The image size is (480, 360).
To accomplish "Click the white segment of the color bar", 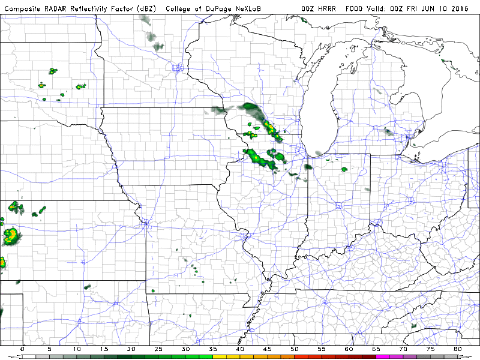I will [29, 356].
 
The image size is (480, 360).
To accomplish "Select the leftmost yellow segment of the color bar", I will [219, 356].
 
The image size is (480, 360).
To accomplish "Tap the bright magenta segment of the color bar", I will [382, 356].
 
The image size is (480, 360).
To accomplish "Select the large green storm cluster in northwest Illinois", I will [262, 157].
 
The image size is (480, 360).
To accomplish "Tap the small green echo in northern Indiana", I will [344, 169].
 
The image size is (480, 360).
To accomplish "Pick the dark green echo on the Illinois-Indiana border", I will [308, 167].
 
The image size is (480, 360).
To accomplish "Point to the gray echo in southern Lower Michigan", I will [388, 131].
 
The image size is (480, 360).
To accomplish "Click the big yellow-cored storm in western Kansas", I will [10, 235].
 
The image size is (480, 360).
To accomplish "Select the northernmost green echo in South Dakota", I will [53, 71].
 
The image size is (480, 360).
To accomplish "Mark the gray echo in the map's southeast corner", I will [413, 326].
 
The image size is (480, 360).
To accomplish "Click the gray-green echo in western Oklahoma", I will [87, 287].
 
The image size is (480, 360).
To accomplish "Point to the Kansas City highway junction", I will [145, 225].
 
